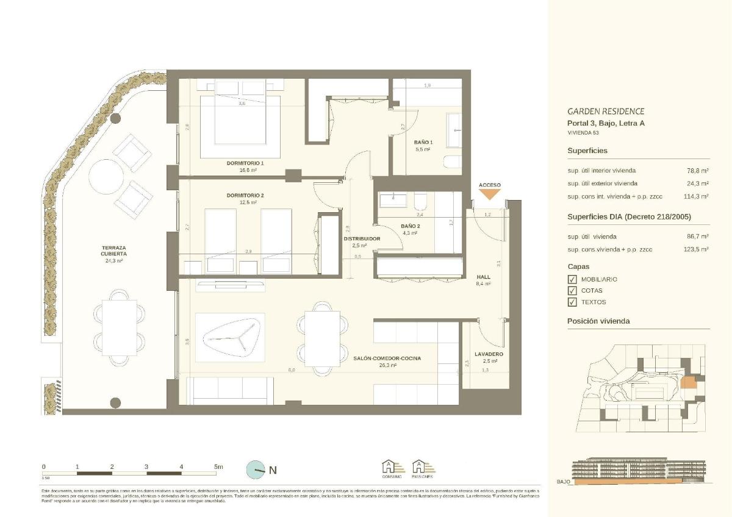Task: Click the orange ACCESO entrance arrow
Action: coord(490,194)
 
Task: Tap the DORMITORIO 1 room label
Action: coord(245,163)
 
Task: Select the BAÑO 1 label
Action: coord(422,142)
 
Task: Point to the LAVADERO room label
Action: coord(489,354)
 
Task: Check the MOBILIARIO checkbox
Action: coord(572,279)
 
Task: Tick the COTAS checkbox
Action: coord(572,291)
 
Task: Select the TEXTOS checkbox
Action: coord(572,302)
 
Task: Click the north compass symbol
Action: coord(256,470)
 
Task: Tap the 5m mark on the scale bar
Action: coord(218,467)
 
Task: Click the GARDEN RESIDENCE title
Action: coord(605,112)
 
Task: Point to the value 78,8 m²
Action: coord(697,171)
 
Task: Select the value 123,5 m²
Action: coord(696,249)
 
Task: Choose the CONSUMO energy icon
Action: coord(392,468)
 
